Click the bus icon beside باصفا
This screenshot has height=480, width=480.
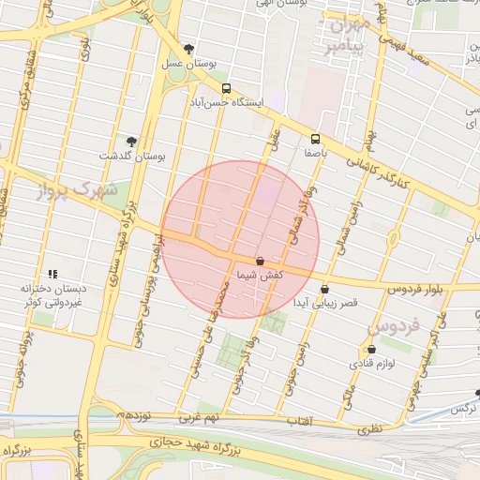pos(314,138)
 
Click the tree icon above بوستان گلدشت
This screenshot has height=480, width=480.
pos(130,142)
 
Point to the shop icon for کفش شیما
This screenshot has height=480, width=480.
pos(260,261)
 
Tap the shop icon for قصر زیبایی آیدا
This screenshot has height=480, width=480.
pos(324,290)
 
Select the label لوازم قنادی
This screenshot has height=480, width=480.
pos(389,362)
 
